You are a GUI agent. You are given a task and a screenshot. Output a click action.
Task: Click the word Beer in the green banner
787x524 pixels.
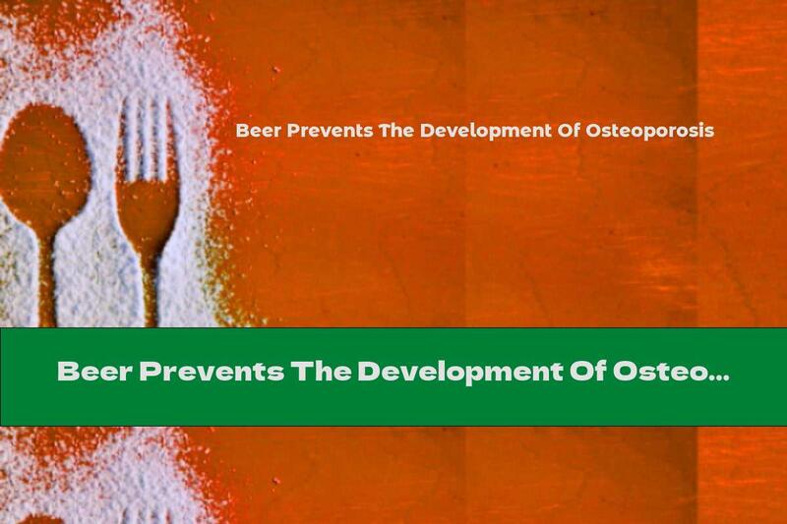(x=93, y=374)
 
